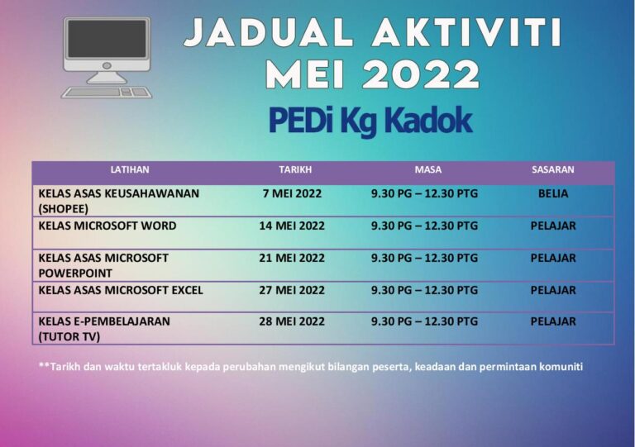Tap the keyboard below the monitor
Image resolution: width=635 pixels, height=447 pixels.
click(107, 92)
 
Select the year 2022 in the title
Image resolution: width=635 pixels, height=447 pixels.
click(421, 76)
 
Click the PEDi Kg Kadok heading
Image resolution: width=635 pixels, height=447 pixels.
click(370, 121)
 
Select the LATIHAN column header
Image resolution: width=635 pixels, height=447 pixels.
click(130, 169)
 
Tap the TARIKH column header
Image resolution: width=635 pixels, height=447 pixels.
click(294, 169)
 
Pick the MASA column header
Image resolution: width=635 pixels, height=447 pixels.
click(427, 169)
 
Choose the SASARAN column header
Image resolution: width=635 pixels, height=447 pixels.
click(552, 169)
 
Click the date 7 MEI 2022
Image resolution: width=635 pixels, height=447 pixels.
click(292, 193)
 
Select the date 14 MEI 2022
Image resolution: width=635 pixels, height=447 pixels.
click(292, 226)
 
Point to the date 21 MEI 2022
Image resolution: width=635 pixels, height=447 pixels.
click(292, 258)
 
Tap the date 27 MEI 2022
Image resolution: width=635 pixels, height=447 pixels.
click(292, 290)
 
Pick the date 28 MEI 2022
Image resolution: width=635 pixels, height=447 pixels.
click(292, 321)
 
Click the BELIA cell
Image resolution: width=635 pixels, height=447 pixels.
click(553, 193)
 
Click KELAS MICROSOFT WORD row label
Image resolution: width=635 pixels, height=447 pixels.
click(107, 226)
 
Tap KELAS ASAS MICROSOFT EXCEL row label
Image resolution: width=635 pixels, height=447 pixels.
click(121, 290)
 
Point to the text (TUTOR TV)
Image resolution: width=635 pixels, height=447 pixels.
click(69, 336)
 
